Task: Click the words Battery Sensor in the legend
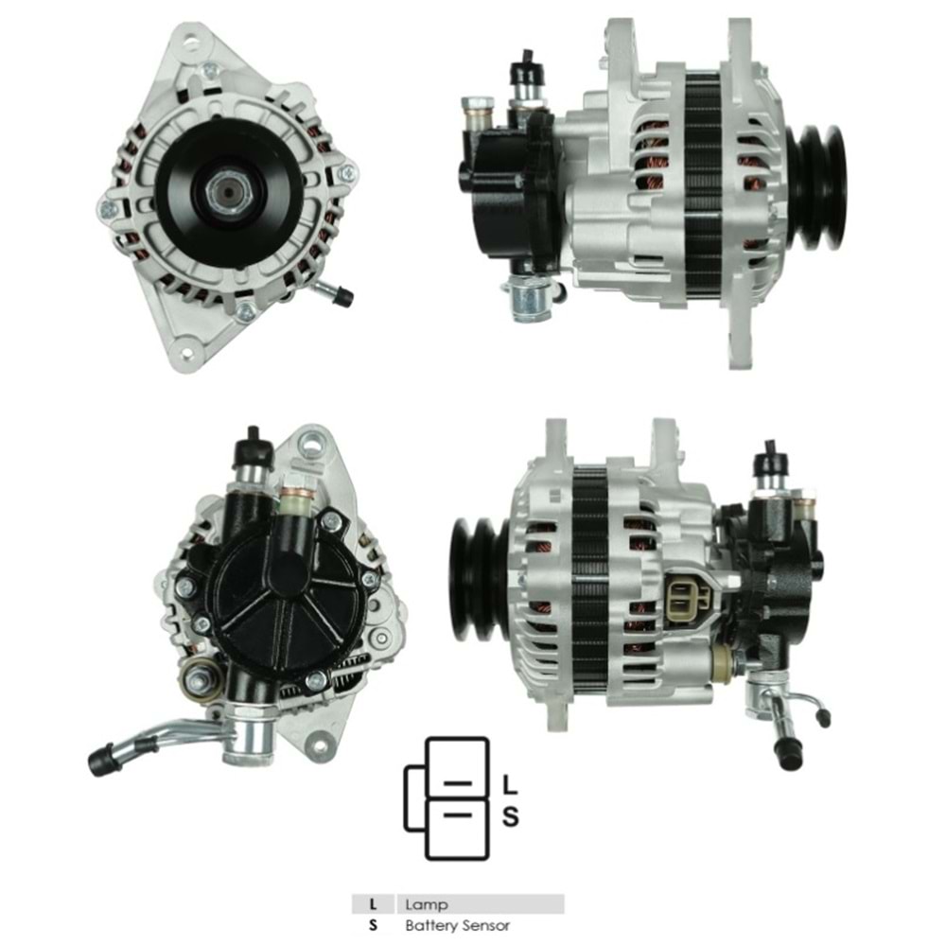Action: (457, 926)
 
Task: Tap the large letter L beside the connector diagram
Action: (509, 784)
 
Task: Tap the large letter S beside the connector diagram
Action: (510, 815)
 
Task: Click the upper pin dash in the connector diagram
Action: (458, 784)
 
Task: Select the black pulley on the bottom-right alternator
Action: (482, 578)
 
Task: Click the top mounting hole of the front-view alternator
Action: (195, 44)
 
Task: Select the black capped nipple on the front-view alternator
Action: (343, 297)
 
